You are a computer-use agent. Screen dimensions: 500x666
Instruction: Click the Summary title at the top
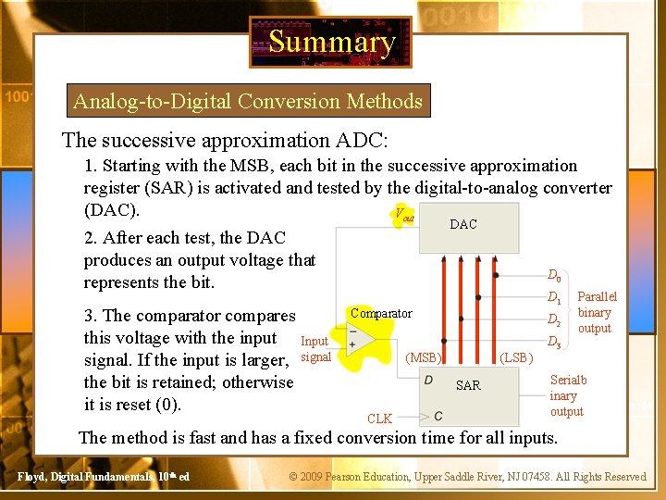click(331, 42)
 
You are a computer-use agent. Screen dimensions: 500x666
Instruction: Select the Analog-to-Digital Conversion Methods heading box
click(248, 101)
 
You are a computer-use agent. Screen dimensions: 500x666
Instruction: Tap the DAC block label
click(462, 224)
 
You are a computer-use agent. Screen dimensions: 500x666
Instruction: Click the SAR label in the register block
click(468, 385)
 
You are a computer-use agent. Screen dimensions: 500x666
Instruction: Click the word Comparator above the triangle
click(380, 314)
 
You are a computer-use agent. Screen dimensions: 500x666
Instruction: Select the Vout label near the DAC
click(404, 215)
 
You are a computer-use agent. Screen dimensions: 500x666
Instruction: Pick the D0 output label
click(553, 276)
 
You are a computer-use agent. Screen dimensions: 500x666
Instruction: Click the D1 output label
click(553, 298)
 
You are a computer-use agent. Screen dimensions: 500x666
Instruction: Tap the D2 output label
click(553, 321)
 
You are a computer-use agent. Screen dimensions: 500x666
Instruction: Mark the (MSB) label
click(424, 357)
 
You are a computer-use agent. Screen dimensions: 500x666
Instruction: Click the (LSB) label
click(515, 357)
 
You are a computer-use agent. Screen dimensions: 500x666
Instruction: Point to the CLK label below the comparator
click(379, 419)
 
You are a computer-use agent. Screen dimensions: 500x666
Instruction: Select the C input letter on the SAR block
click(438, 416)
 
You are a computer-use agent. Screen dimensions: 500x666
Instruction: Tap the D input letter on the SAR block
click(429, 380)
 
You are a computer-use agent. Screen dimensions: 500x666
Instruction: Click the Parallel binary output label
click(596, 313)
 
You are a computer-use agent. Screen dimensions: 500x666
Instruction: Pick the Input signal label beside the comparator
click(315, 349)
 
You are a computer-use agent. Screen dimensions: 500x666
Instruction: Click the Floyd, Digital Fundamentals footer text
click(104, 477)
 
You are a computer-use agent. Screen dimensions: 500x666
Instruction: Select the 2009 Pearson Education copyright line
click(467, 477)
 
